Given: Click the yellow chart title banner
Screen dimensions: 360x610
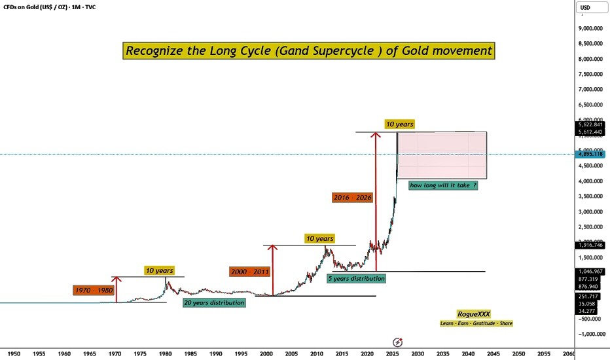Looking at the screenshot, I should pos(308,50).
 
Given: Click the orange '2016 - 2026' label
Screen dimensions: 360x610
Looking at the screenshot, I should pos(351,196).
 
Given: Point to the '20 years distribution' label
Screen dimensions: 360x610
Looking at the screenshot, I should pos(214,302).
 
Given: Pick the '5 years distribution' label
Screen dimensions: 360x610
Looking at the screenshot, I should pos(356,278).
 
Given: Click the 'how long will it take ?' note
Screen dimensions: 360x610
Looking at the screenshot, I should pos(442,185).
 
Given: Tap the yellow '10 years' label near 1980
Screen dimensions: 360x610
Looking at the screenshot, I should pos(159,270).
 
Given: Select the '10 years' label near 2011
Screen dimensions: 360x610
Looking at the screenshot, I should pos(319,239).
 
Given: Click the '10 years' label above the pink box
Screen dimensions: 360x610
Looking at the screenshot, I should pos(399,124).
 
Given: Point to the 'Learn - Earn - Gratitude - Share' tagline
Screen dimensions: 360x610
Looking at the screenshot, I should pos(476,323).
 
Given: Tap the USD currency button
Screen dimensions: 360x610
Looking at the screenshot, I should pos(584,8).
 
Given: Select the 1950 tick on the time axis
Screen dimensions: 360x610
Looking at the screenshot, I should pos(13,353).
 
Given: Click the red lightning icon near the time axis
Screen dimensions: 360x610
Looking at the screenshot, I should pos(397,342).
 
